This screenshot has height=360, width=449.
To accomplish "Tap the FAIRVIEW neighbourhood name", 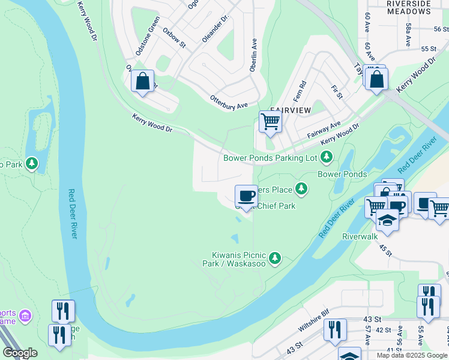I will click(x=291, y=110).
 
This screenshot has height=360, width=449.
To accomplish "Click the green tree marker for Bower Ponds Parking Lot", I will click(x=327, y=157).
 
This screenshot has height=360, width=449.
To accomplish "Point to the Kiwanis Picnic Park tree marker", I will click(x=275, y=258).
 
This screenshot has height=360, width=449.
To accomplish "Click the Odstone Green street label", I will click(x=148, y=37).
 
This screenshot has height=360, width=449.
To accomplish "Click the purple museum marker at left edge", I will click(x=25, y=315).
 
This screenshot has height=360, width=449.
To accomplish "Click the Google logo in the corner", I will click(x=19, y=353).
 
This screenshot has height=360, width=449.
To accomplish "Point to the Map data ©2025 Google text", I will click(x=412, y=355).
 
